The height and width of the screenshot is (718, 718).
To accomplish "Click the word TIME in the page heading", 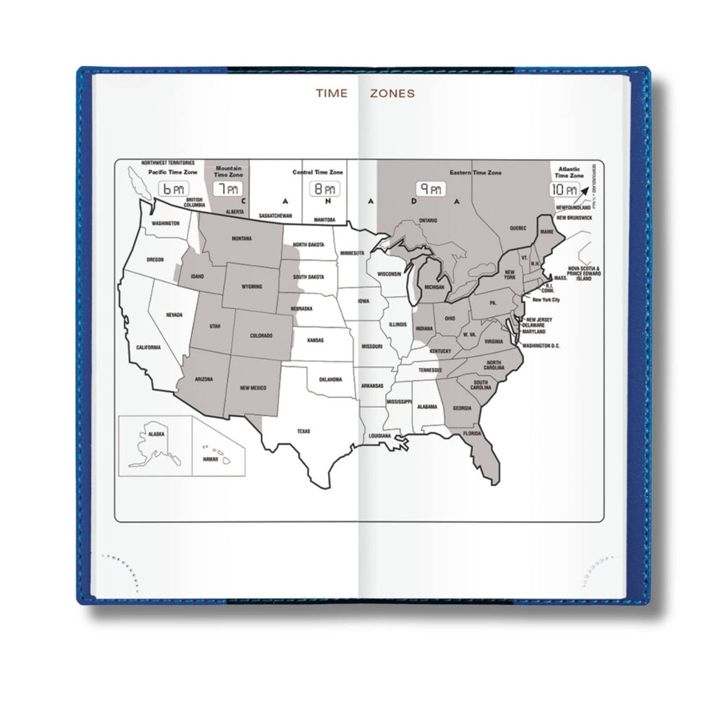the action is [x=331, y=93].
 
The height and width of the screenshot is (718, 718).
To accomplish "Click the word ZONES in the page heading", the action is [x=393, y=93].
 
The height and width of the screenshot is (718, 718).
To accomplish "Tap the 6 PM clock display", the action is [x=172, y=189].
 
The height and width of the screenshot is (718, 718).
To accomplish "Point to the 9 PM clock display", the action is [x=431, y=189].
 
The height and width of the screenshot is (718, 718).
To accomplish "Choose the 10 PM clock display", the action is [x=565, y=189].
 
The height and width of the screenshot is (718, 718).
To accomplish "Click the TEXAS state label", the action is [x=303, y=431].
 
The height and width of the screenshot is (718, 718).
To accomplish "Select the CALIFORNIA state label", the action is [x=149, y=347].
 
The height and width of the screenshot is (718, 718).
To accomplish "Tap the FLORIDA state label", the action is [x=472, y=433].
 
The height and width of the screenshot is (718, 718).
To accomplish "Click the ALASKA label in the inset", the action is [x=156, y=434].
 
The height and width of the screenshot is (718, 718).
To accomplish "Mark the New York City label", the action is [x=546, y=300].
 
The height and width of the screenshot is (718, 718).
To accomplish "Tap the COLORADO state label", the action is [x=261, y=336].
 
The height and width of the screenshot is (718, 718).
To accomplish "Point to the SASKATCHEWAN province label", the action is [x=275, y=216].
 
